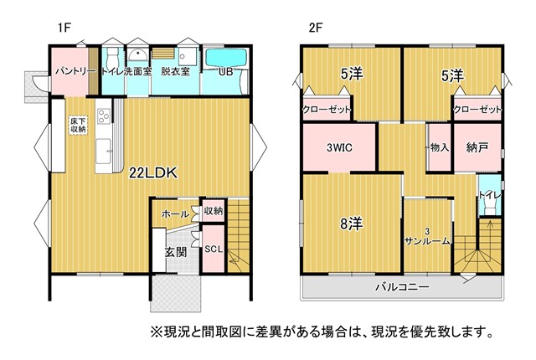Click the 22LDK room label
[x=153, y=173]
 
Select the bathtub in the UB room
[x=226, y=57]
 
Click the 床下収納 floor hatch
[x=78, y=125]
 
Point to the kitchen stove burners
[x=104, y=116]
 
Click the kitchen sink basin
[x=103, y=151]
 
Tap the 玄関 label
[x=176, y=252]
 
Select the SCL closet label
[x=214, y=249]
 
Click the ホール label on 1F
[x=175, y=214]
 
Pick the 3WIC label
[x=339, y=147]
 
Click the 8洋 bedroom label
[x=352, y=224]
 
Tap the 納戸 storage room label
[x=477, y=147]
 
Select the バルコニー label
[x=402, y=286]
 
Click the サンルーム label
[x=427, y=241]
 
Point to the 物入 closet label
[x=439, y=147]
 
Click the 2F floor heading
[x=316, y=28]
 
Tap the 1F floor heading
[x=64, y=28]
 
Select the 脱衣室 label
[x=175, y=71]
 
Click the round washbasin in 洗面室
[x=138, y=54]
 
